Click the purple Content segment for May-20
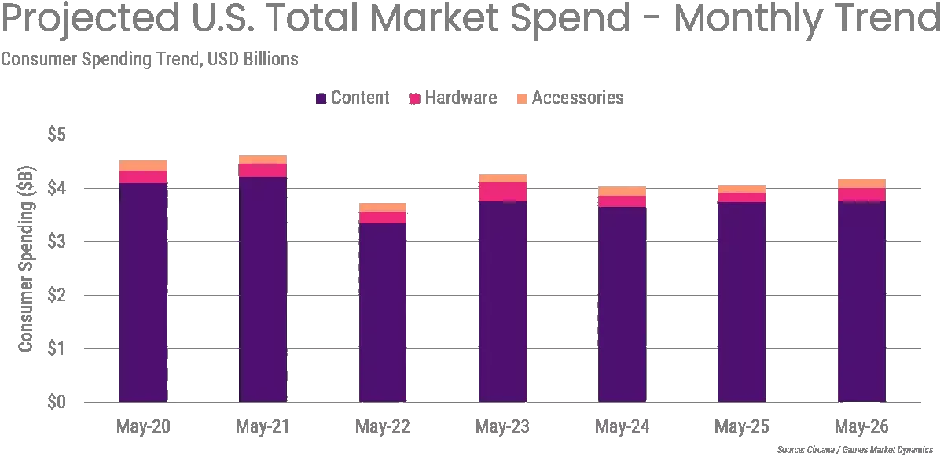click(143, 293)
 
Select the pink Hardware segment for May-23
click(502, 192)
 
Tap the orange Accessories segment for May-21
click(263, 160)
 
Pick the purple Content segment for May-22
click(383, 313)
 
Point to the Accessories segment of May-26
click(861, 183)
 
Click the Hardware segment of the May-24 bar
click(622, 201)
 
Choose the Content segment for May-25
click(742, 302)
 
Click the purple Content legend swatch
click(321, 98)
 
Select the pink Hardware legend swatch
click(415, 98)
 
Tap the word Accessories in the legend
click(578, 98)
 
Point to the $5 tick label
click(57, 135)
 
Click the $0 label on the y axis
click(57, 402)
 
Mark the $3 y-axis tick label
click(57, 241)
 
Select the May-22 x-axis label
click(383, 426)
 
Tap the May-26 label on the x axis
click(861, 426)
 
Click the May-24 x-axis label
click(622, 426)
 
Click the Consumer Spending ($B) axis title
click(26, 259)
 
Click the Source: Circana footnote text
click(855, 450)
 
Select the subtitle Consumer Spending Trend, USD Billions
click(149, 59)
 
